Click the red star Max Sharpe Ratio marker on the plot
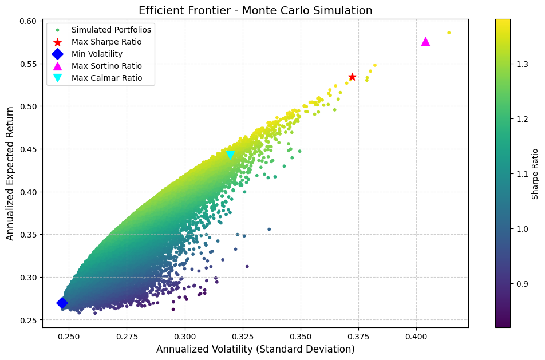pos(352,77)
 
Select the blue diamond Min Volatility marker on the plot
pos(62,303)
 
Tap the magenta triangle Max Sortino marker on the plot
pos(425,42)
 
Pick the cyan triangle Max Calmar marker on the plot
pos(230,155)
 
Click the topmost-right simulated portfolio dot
pos(449,33)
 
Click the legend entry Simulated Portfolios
pos(104,29)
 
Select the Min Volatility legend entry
pos(97,54)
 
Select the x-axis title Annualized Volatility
pos(255,349)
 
